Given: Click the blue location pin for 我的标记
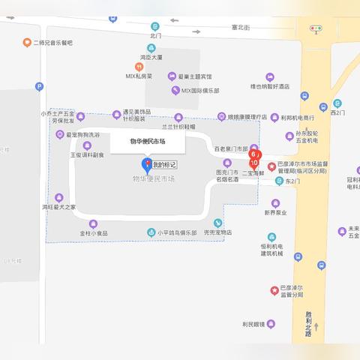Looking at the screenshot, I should point(146,164).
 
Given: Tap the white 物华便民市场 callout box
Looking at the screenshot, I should point(147,141).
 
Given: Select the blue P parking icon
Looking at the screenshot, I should point(39,88).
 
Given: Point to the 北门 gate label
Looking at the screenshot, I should point(155,35).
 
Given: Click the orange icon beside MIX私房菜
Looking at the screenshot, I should point(130,76).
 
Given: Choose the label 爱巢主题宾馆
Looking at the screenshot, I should point(195,76).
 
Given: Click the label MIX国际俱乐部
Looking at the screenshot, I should point(200,90).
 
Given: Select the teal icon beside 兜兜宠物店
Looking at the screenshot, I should point(217,223).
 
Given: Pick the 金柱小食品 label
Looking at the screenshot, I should point(94,232).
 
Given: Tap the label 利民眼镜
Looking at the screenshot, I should point(253,323).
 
